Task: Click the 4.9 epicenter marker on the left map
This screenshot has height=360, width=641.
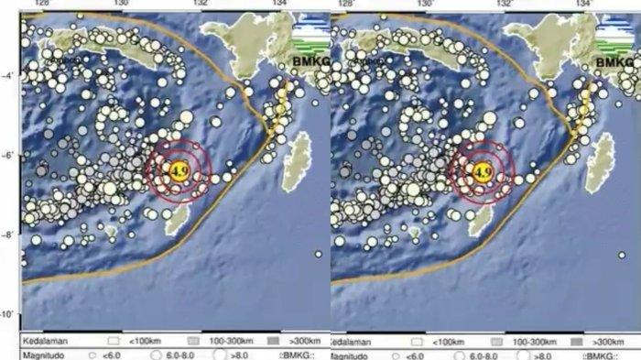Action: point(179,168)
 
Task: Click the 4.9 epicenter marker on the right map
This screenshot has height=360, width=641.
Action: point(482,168)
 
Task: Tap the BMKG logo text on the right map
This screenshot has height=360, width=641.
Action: point(614,61)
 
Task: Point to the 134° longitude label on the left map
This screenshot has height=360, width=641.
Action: point(278,5)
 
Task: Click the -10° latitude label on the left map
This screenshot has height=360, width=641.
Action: point(8,314)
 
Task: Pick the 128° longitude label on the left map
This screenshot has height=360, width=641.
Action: point(40,5)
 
